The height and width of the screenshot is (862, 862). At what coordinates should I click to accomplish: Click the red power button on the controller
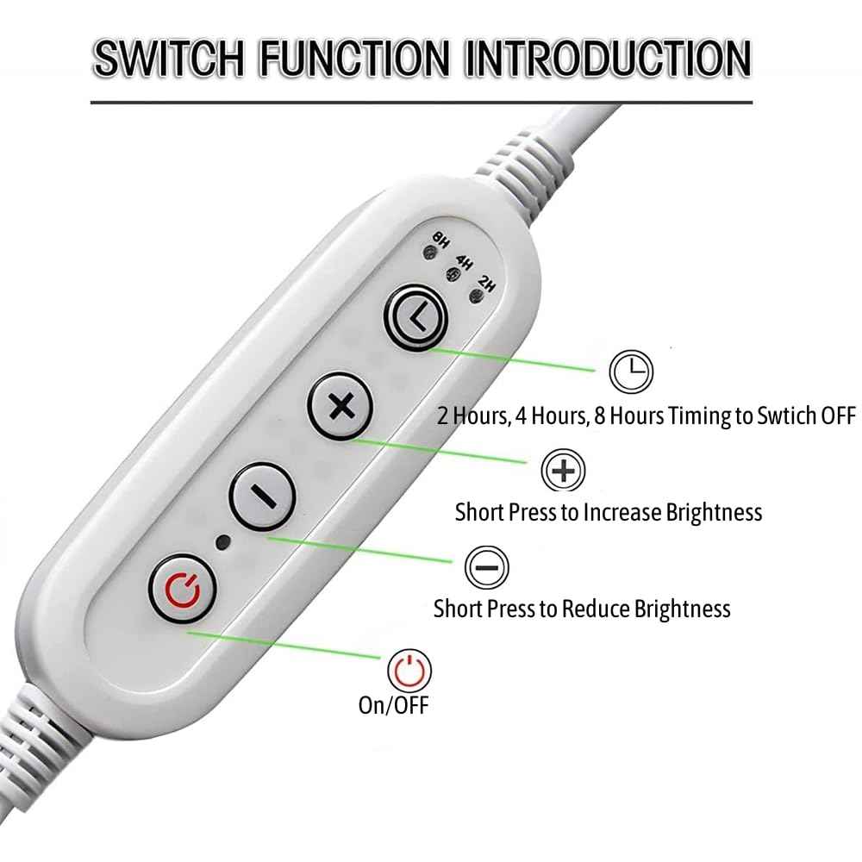[x=182, y=589]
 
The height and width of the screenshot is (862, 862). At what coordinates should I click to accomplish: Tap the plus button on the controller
[x=340, y=407]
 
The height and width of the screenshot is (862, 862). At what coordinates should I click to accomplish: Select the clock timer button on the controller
[x=416, y=318]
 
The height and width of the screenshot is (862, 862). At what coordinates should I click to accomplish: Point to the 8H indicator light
[x=429, y=253]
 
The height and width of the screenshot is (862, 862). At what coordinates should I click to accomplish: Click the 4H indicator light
[x=453, y=274]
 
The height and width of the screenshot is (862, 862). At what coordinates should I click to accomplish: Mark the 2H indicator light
[x=476, y=297]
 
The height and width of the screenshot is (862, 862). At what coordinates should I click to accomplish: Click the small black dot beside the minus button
[x=223, y=542]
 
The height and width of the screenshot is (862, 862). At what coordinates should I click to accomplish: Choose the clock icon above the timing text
[x=631, y=372]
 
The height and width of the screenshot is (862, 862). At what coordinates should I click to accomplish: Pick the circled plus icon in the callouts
[x=563, y=471]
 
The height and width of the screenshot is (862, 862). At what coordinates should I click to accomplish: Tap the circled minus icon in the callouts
[x=486, y=567]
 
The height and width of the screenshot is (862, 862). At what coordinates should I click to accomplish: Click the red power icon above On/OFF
[x=409, y=671]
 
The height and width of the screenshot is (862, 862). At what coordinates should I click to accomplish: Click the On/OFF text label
[x=393, y=705]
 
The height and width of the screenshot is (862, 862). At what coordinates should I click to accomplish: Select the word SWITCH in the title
[x=169, y=59]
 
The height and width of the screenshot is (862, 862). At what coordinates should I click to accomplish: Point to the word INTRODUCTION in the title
[x=608, y=59]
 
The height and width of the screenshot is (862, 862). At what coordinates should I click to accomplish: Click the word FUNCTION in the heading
[x=354, y=59]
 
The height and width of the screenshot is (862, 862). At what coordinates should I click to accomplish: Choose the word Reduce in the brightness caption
[x=596, y=609]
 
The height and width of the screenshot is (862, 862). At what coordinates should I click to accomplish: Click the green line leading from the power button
[x=284, y=644]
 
